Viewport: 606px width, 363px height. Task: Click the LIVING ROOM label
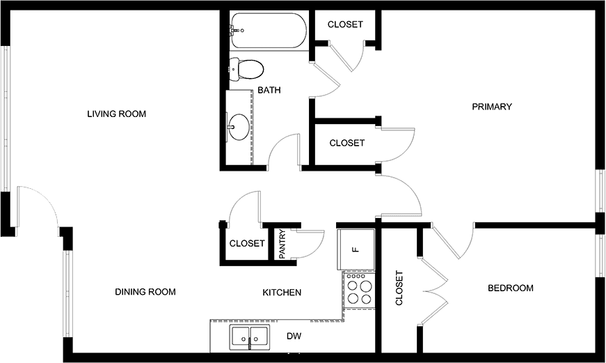(x=116, y=114)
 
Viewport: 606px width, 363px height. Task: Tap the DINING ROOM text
(x=145, y=292)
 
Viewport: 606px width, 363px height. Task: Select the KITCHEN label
(x=282, y=293)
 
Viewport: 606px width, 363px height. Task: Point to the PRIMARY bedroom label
(x=492, y=107)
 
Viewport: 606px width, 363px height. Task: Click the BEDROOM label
(x=511, y=288)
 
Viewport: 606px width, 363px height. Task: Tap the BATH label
(x=269, y=90)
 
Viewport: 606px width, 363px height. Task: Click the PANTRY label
(x=282, y=244)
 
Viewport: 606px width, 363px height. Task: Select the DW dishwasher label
(x=294, y=336)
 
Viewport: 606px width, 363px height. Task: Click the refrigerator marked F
(x=356, y=249)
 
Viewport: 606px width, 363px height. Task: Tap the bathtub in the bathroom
(x=269, y=31)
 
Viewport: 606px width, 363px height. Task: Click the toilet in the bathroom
(x=246, y=70)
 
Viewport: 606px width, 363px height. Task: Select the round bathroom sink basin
(x=239, y=126)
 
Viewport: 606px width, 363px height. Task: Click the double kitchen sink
(x=250, y=337)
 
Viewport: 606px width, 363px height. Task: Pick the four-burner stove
(x=360, y=291)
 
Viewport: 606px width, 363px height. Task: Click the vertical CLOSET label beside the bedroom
(x=399, y=288)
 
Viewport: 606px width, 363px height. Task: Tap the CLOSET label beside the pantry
(x=247, y=243)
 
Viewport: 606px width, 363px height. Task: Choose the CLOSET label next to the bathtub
(x=345, y=24)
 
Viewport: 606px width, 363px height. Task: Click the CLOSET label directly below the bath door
(x=347, y=144)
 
